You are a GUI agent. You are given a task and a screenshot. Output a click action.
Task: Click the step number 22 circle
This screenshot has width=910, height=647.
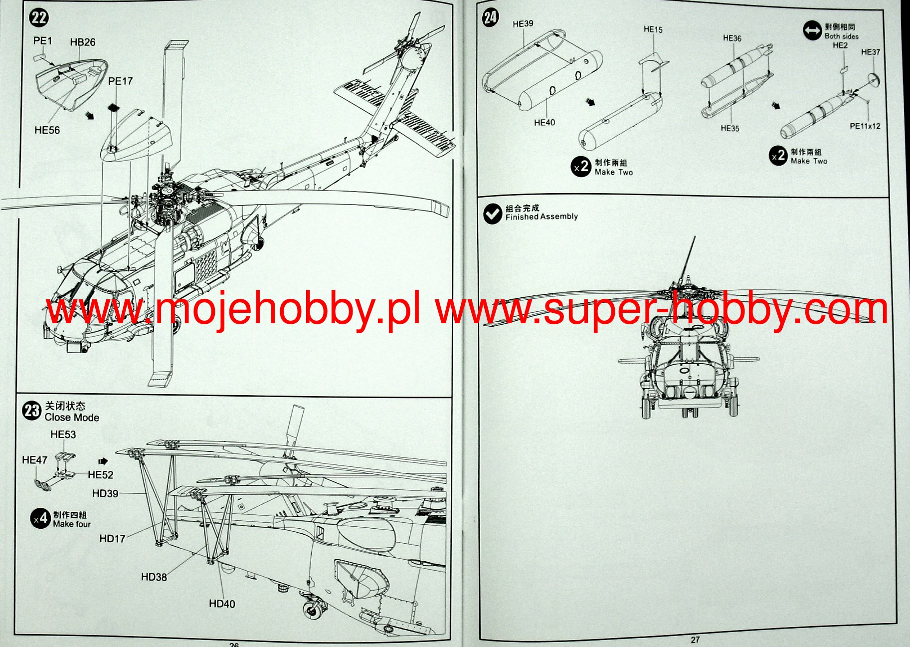tap(39, 18)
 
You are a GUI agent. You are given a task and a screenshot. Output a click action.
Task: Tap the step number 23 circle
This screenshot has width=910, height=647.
tap(31, 411)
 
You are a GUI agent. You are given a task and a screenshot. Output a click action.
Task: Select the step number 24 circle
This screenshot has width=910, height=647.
tap(490, 18)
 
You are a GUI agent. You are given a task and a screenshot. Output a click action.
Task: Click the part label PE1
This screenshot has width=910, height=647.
tap(42, 41)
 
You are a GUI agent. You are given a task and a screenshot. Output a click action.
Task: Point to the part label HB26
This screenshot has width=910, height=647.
tap(83, 42)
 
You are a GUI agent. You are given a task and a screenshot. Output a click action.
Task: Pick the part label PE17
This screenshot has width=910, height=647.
tap(120, 81)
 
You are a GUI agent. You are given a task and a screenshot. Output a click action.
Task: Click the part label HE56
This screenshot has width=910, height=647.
tap(47, 130)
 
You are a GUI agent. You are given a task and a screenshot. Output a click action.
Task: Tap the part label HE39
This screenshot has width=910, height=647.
tap(523, 24)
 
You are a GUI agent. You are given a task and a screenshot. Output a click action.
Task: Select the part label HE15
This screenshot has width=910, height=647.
tap(653, 30)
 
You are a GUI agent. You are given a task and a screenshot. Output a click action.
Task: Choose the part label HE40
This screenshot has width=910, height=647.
tap(544, 123)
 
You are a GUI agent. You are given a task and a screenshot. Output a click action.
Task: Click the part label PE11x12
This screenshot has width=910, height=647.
tap(865, 126)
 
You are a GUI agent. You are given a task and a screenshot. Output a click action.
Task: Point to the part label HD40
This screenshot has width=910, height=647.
tap(222, 604)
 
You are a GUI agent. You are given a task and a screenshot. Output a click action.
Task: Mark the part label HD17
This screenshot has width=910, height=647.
tap(112, 539)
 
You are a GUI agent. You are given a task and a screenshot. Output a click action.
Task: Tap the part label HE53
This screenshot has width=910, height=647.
tap(63, 435)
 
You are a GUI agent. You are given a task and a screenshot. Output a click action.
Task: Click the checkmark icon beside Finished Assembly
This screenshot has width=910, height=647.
tap(493, 214)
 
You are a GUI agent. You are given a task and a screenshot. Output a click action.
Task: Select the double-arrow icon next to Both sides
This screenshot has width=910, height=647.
tap(812, 31)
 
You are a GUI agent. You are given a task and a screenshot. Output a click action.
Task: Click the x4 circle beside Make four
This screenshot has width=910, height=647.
tap(40, 519)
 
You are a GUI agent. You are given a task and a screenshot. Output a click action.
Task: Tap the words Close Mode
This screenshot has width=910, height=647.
tap(72, 418)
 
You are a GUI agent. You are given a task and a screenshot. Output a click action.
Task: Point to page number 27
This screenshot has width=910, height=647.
tap(695, 640)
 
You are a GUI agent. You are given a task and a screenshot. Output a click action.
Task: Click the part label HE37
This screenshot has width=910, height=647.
tap(871, 52)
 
